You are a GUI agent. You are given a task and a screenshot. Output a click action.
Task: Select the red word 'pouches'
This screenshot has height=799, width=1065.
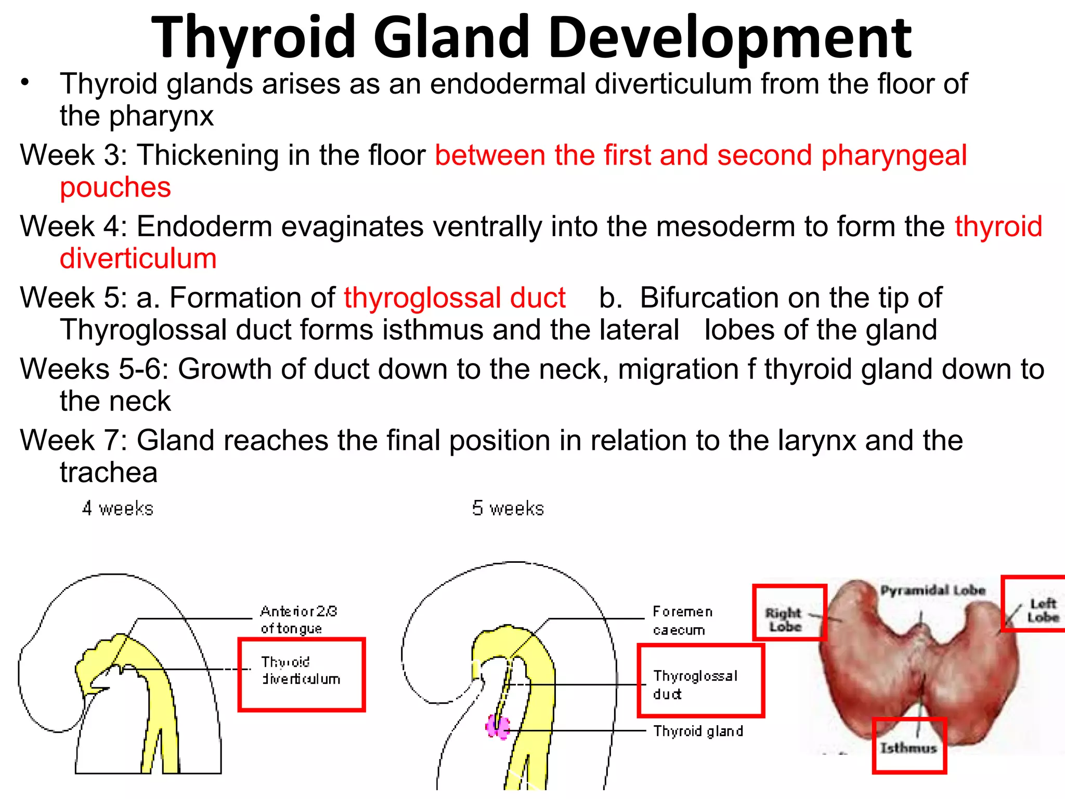tap(115, 187)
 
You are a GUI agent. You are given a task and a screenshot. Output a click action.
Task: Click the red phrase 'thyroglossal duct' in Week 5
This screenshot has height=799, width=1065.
tap(454, 298)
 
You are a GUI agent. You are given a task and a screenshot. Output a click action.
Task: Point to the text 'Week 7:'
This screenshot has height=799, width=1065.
tap(73, 441)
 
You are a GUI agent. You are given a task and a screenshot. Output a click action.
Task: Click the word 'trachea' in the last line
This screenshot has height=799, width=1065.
tap(108, 472)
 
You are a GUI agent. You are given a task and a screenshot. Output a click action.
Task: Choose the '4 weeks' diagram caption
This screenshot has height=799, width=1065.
tap(118, 508)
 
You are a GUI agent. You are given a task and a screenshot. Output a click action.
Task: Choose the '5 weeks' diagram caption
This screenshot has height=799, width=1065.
tap(508, 508)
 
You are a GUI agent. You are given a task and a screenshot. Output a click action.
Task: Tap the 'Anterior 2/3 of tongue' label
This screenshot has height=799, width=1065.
tap(298, 620)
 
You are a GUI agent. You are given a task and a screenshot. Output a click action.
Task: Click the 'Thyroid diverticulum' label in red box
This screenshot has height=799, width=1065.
tap(301, 671)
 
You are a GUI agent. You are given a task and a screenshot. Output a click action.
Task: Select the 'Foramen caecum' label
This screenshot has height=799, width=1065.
tap(682, 621)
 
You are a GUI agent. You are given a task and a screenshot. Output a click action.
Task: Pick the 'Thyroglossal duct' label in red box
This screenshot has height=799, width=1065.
tap(695, 685)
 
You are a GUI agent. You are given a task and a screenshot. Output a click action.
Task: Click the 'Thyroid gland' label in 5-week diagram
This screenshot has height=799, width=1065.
tap(698, 731)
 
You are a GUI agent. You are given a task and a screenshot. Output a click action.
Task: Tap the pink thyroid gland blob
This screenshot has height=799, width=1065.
tap(497, 726)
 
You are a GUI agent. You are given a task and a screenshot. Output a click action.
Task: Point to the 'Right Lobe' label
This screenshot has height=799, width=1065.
tap(784, 620)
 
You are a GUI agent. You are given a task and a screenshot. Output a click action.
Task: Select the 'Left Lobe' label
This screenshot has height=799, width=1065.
tap(1043, 610)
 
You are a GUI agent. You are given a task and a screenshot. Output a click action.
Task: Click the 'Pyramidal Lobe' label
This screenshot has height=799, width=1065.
tap(932, 590)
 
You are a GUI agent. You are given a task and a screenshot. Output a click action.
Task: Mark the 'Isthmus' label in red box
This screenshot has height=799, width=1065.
tap(908, 748)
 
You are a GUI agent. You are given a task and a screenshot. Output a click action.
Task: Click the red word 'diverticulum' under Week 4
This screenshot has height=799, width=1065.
tap(138, 259)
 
